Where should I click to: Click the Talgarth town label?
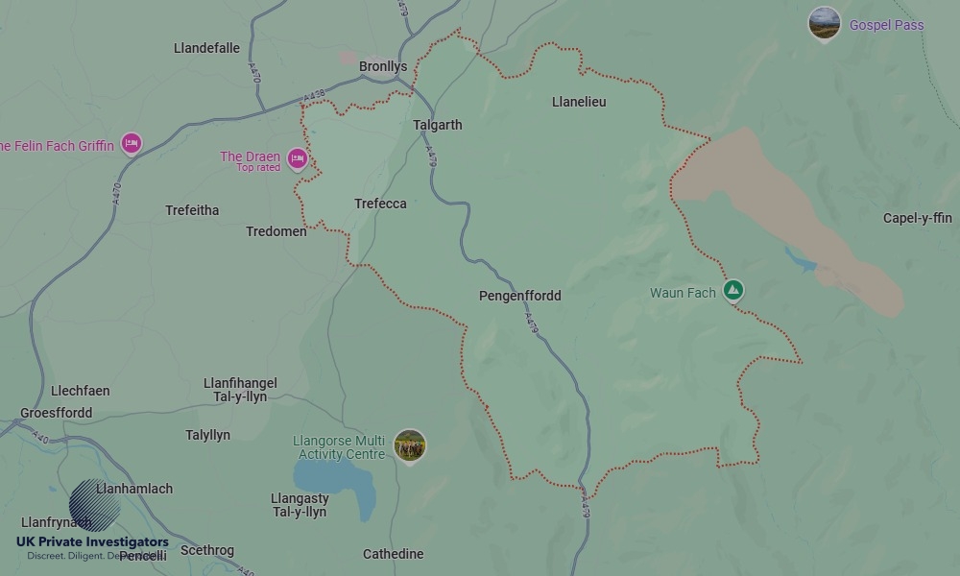tap(437, 125)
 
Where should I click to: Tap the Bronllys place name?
tap(383, 66)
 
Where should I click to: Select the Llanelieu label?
tap(579, 102)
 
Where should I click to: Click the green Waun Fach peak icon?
tap(733, 289)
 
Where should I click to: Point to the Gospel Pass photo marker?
tap(824, 23)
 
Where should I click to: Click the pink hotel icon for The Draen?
tap(298, 158)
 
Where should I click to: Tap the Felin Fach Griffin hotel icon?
tap(132, 144)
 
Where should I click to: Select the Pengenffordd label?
tap(519, 296)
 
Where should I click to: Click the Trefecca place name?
tap(380, 204)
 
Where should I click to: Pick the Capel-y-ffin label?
tap(917, 218)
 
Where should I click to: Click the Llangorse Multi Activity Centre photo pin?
tap(410, 445)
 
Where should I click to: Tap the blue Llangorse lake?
tap(331, 478)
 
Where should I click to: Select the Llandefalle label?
tap(206, 48)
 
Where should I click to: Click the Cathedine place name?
tap(393, 554)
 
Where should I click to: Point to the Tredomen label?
tap(276, 231)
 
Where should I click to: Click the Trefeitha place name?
tap(192, 210)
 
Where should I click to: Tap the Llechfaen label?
tap(80, 391)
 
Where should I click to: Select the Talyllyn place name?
tap(207, 435)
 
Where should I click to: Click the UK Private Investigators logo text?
tap(92, 542)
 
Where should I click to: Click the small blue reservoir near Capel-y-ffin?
tap(800, 259)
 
